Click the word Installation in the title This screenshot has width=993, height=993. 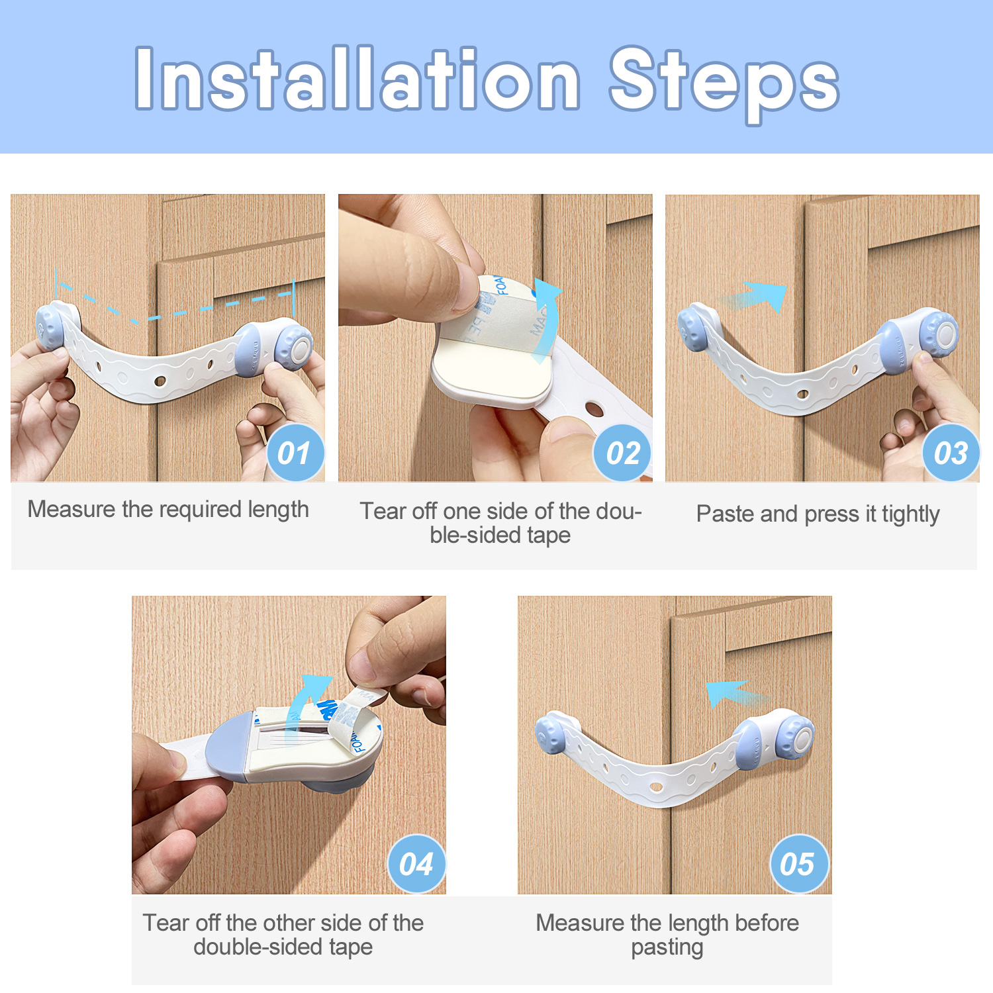pos(358,79)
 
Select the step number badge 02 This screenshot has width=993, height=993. pos(623,453)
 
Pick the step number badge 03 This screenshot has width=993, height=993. pos(951,453)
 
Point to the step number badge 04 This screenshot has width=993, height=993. pos(416,864)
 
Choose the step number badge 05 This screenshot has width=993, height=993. pos(799,864)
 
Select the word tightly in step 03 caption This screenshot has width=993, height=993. pos(910,514)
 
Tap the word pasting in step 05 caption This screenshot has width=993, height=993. pos(667,947)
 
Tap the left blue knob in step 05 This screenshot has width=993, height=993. pos(551,733)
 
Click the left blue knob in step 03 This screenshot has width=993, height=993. pos(692,328)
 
